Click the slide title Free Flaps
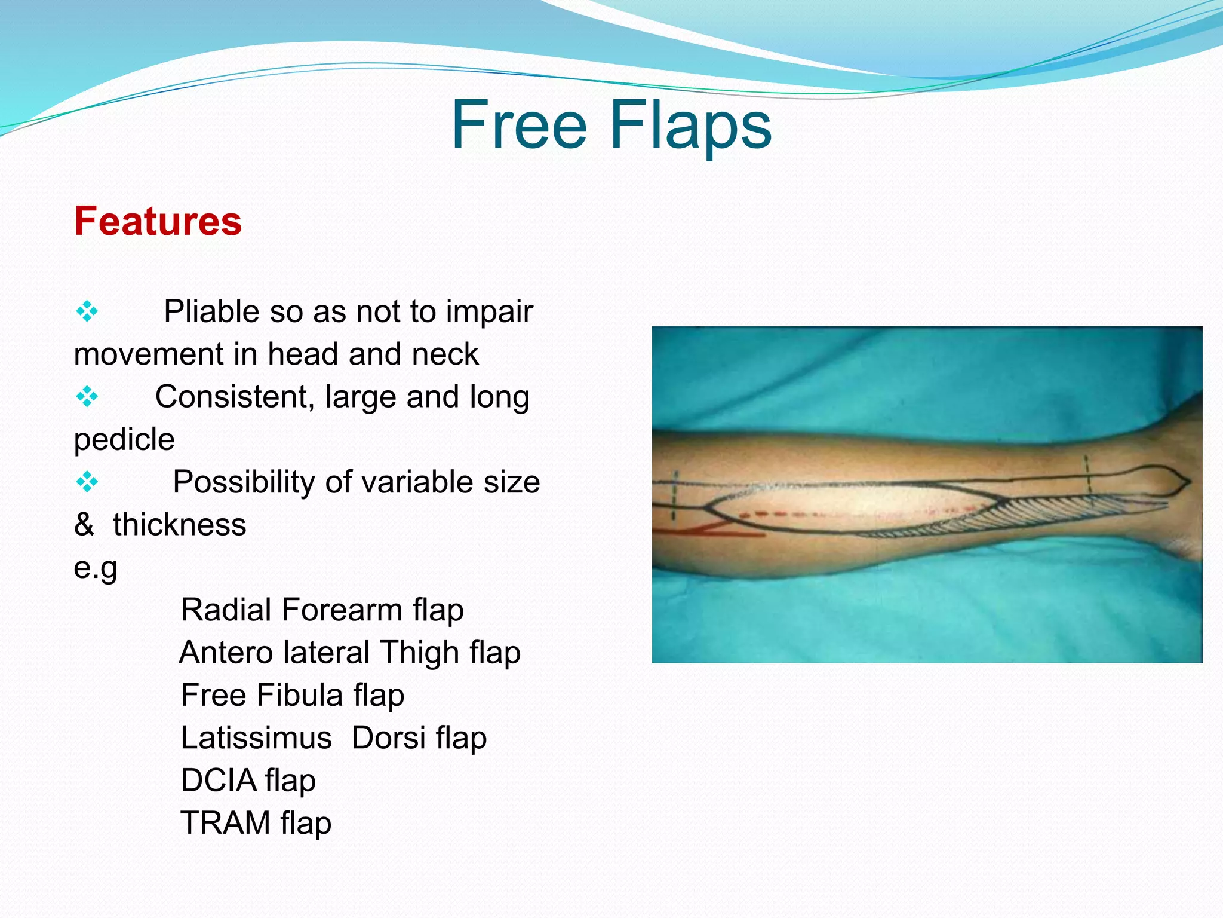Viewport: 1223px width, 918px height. coord(611,125)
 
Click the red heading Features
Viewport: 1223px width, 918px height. coord(158,221)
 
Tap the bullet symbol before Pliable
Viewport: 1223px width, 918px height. coord(87,311)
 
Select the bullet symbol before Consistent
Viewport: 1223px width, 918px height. coord(87,397)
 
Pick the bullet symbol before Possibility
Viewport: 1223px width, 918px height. coord(87,482)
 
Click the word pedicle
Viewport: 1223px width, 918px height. coord(124,440)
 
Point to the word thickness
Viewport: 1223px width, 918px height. coord(179,525)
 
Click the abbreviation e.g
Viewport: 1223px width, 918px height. coord(96,568)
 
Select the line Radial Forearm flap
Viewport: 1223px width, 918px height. coord(322,610)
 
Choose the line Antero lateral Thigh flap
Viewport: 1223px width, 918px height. coord(349,653)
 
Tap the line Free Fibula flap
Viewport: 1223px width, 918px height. coord(292,696)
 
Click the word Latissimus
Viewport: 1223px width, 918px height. coord(256,738)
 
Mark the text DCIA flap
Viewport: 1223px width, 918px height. coord(248,781)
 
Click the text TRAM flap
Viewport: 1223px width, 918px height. coord(256,823)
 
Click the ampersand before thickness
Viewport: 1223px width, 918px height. coord(84,525)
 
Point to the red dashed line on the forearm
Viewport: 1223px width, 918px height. coord(776,514)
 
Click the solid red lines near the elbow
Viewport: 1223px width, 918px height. coord(717,531)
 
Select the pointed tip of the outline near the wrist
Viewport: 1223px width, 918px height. coord(1188,481)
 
